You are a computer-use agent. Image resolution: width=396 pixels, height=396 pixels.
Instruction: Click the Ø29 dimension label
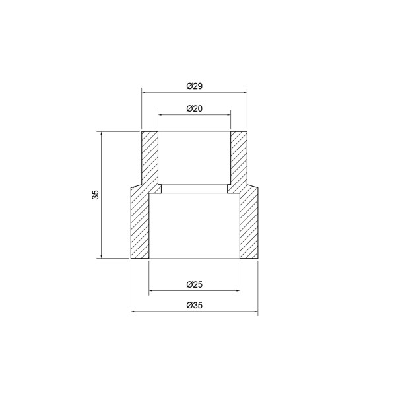[x=194, y=86]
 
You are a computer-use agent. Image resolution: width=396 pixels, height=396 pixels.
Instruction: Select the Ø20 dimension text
[x=194, y=108]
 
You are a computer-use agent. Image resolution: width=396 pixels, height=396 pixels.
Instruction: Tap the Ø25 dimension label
[x=194, y=284]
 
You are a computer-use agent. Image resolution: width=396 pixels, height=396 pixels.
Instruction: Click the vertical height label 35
[x=96, y=195]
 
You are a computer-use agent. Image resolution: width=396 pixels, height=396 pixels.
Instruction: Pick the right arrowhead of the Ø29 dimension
[x=244, y=92]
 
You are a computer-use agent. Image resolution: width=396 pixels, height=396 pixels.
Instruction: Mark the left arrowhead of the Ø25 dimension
[x=152, y=291]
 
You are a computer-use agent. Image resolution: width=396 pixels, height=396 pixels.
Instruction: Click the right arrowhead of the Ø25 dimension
[x=237, y=291]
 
